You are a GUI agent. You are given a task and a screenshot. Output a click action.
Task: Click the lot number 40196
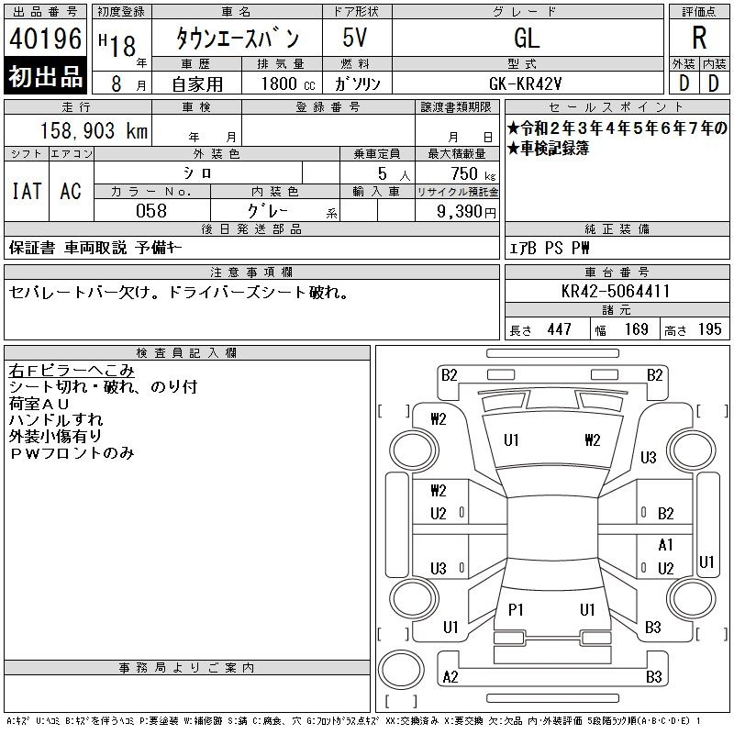[45, 39]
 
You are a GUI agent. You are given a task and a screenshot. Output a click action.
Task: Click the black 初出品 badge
[45, 76]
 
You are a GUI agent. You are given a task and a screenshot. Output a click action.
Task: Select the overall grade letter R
[699, 38]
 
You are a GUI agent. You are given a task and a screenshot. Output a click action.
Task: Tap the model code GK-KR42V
[525, 83]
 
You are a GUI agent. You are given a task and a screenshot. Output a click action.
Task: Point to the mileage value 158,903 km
[95, 131]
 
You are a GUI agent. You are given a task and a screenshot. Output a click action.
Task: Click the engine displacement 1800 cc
[288, 83]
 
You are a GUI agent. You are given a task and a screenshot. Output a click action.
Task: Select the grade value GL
[527, 38]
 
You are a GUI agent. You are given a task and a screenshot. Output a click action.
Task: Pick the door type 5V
[355, 38]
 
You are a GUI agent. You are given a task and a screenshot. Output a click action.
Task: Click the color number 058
[151, 211]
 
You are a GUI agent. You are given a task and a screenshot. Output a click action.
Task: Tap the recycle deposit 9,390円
[466, 211]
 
